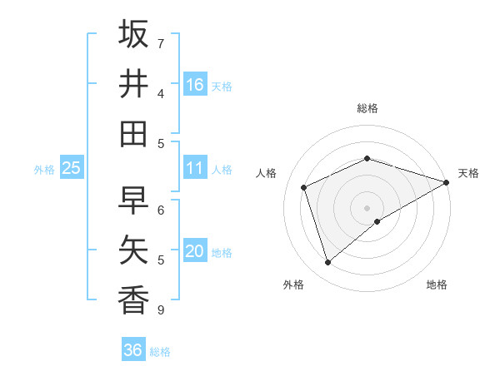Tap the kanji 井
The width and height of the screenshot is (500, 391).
pyautogui.click(x=133, y=84)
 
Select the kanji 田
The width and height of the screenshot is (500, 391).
pyautogui.click(x=133, y=134)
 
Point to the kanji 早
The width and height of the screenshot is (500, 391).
pyautogui.click(x=133, y=200)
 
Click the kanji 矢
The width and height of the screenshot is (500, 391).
pyautogui.click(x=133, y=250)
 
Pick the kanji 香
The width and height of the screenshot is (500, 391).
pyautogui.click(x=133, y=300)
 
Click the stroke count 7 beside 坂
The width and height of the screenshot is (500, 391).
pyautogui.click(x=161, y=43)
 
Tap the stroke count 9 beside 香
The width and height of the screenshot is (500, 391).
pyautogui.click(x=161, y=310)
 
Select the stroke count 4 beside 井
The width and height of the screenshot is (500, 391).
pyautogui.click(x=161, y=93)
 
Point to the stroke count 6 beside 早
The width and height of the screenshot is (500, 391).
pyautogui.click(x=161, y=210)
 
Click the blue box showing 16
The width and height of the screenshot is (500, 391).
pyautogui.click(x=195, y=84)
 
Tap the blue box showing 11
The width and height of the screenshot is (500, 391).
pyautogui.click(x=195, y=168)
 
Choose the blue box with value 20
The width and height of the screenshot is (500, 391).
pyautogui.click(x=195, y=251)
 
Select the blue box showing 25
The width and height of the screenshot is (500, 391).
pyautogui.click(x=72, y=168)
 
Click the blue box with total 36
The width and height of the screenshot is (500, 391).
pyautogui.click(x=133, y=350)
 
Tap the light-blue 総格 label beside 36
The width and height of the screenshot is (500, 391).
pyautogui.click(x=160, y=352)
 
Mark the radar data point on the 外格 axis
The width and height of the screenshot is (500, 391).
pyautogui.click(x=327, y=263)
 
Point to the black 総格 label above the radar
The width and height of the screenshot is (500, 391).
pyautogui.click(x=367, y=108)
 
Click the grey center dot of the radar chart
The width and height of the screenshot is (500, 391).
pyautogui.click(x=367, y=207)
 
